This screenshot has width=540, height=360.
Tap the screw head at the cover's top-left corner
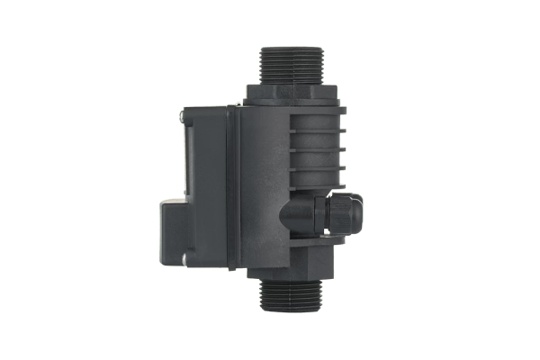click(183, 115)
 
